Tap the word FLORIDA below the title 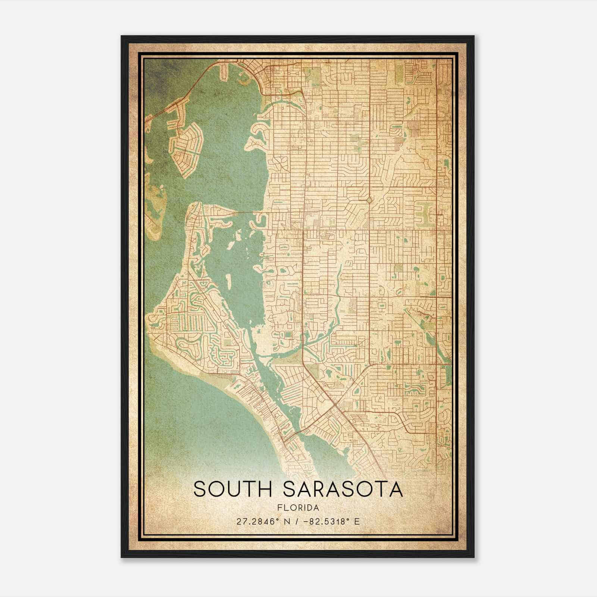tap(298, 508)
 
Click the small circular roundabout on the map tap(369, 200)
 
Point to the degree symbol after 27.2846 tap(277, 519)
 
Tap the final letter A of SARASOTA tap(396, 490)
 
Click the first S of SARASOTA tap(291, 490)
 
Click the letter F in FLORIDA tap(279, 508)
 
